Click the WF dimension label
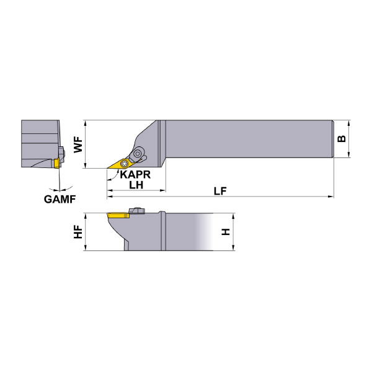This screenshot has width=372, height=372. pyautogui.click(x=78, y=144)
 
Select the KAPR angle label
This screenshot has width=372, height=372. pyautogui.click(x=135, y=175)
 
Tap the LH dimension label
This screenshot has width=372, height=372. pyautogui.click(x=136, y=185)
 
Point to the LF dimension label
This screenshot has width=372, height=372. pyautogui.click(x=220, y=191)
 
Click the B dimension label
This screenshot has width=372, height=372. pyautogui.click(x=342, y=139)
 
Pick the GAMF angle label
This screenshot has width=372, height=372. pyautogui.click(x=60, y=199)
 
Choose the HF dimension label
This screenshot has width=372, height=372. pyautogui.click(x=78, y=231)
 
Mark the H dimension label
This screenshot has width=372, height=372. pyautogui.click(x=226, y=231)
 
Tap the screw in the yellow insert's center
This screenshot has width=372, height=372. pyautogui.click(x=124, y=163)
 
